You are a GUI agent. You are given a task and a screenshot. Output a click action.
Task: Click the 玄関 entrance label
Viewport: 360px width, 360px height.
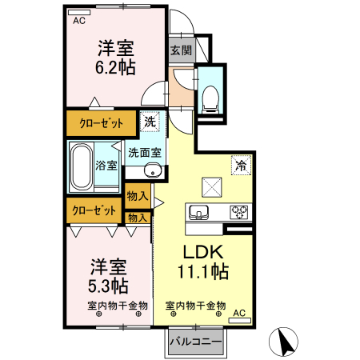181,50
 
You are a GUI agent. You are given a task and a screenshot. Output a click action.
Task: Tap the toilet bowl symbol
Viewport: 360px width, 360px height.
212,98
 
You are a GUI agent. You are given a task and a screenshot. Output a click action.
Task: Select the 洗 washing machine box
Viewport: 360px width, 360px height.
149,122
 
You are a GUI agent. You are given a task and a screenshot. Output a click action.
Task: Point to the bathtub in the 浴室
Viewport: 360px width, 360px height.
82,166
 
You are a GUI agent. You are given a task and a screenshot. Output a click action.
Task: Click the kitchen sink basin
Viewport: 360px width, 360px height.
198,212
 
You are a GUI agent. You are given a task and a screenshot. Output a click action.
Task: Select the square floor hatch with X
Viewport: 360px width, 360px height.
212,186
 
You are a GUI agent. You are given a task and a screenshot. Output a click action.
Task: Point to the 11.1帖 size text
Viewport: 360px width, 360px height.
203,272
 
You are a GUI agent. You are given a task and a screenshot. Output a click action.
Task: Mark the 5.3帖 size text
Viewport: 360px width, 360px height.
107,284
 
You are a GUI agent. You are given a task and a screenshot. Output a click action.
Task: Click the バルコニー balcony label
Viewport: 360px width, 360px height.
196,342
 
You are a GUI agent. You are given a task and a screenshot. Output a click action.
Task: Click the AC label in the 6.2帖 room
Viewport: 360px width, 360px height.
79,22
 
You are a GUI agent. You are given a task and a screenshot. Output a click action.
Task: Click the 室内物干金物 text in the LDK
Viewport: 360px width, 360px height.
196,306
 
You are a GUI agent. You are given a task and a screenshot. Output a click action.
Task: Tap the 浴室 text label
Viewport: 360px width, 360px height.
107,166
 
